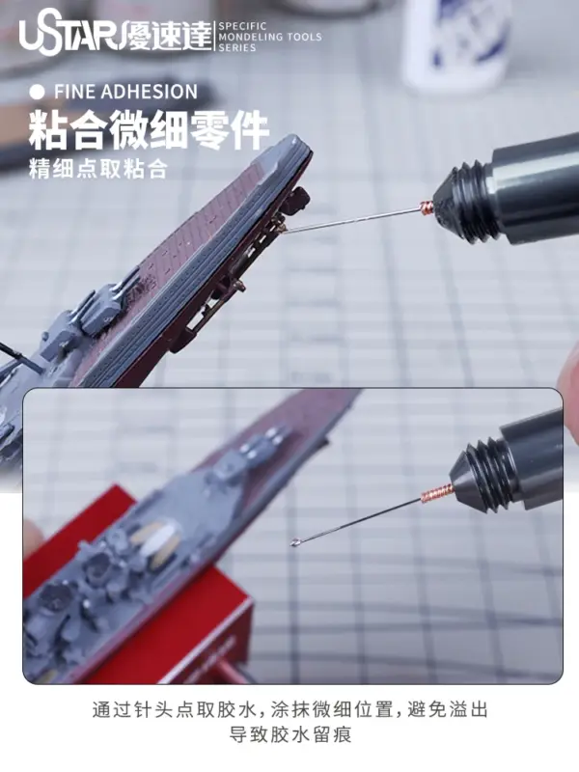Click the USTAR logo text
69,37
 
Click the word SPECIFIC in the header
242,26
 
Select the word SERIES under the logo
237,47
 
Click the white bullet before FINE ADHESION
37,92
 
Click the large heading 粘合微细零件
149,130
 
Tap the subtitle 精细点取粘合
98,168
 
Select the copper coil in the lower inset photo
436,492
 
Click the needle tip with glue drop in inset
294,543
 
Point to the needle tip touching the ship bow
283,229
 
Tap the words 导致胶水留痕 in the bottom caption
290,736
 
